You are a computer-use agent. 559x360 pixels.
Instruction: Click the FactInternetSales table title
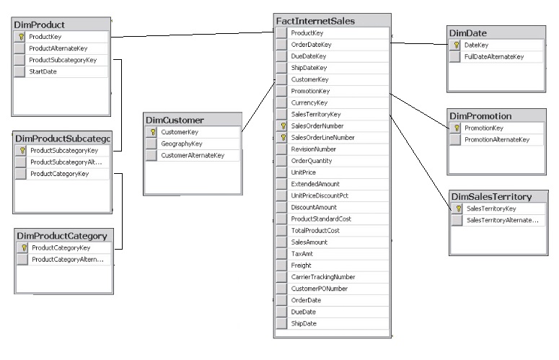point(325,21)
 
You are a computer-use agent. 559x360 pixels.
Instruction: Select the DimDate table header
point(468,33)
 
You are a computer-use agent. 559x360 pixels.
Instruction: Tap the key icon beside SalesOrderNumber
point(282,126)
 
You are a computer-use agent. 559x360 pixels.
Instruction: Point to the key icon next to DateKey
point(457,45)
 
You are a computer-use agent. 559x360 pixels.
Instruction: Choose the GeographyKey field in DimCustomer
point(181,144)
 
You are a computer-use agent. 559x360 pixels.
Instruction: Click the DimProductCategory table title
point(61,235)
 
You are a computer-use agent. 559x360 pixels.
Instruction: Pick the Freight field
point(301,265)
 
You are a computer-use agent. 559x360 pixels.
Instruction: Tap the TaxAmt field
point(301,253)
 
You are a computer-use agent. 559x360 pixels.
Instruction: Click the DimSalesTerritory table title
point(490,196)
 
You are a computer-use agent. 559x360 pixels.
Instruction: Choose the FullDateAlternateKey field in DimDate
point(494,56)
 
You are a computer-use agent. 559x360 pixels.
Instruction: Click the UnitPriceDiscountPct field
point(320,196)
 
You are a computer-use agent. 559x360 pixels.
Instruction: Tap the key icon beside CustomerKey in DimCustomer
point(152,132)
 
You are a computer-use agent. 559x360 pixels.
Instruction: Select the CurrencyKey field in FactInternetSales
point(308,102)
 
